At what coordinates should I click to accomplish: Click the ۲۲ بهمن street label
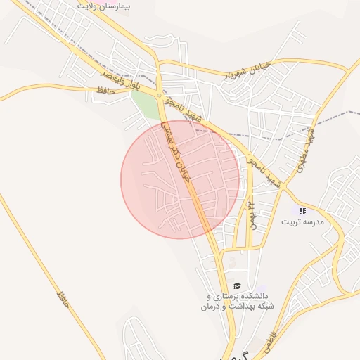250,214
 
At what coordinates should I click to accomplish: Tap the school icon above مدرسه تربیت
302,211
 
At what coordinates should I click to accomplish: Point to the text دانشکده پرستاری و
235,297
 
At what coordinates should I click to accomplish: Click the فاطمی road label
270,343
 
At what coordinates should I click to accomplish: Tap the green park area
146,105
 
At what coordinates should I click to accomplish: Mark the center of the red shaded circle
180,179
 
